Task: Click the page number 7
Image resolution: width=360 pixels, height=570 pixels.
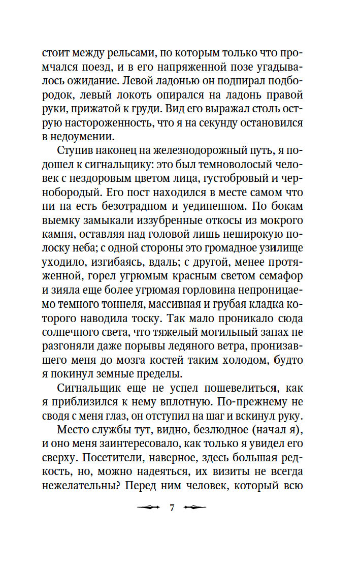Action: (x=172, y=508)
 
